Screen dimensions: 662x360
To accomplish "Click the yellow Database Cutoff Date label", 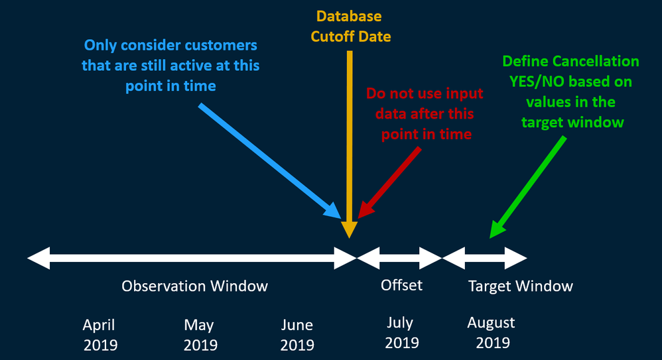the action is pyautogui.click(x=350, y=26).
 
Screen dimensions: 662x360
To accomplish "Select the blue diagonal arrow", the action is pyautogui.click(x=270, y=161).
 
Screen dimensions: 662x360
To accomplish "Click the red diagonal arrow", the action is pyautogui.click(x=389, y=182).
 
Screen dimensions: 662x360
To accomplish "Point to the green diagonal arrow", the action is pyautogui.click(x=528, y=187).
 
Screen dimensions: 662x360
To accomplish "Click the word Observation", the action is pyautogui.click(x=164, y=286).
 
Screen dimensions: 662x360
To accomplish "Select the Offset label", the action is pyautogui.click(x=401, y=285).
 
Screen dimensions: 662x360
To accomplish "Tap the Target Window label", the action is pyautogui.click(x=521, y=286).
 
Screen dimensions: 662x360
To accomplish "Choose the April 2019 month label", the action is pyautogui.click(x=100, y=335).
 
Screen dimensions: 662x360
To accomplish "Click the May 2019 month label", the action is pyautogui.click(x=200, y=335).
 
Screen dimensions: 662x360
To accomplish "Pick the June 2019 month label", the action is pyautogui.click(x=297, y=335).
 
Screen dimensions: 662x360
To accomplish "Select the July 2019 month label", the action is pyautogui.click(x=401, y=333).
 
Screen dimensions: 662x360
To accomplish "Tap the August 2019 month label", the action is pyautogui.click(x=492, y=333).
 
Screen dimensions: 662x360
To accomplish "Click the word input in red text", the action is pyautogui.click(x=465, y=93).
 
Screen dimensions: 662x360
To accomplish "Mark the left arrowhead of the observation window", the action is pyautogui.click(x=38, y=259).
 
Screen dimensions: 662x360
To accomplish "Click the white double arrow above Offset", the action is pyautogui.click(x=399, y=259).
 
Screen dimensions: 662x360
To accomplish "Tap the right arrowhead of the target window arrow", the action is pyautogui.click(x=516, y=259).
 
